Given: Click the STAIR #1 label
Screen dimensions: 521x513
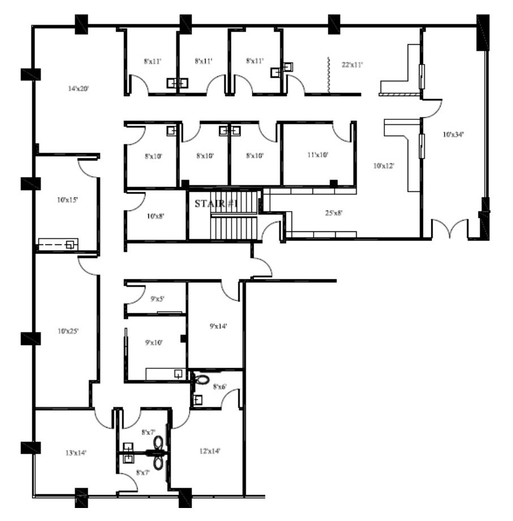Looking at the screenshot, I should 215,204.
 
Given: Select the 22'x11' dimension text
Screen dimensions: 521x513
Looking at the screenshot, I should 352,65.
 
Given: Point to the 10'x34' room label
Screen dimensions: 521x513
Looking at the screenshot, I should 453,135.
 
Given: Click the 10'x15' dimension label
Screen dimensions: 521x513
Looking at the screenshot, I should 67,200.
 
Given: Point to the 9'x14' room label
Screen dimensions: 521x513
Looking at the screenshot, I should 219,326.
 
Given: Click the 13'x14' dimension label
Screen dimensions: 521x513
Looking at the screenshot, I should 76,453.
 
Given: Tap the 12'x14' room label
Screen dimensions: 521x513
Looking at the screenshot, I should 210,451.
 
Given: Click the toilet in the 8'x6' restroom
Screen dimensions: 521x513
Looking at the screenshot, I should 202,379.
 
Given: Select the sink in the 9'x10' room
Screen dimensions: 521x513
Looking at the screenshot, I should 178,374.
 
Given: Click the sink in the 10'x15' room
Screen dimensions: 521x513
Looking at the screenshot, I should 70,244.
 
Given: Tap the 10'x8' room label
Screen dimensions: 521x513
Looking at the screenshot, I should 155,216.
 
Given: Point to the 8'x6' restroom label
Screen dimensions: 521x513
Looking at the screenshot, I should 220,386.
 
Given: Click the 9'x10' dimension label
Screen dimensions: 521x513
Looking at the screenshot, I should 154,342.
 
